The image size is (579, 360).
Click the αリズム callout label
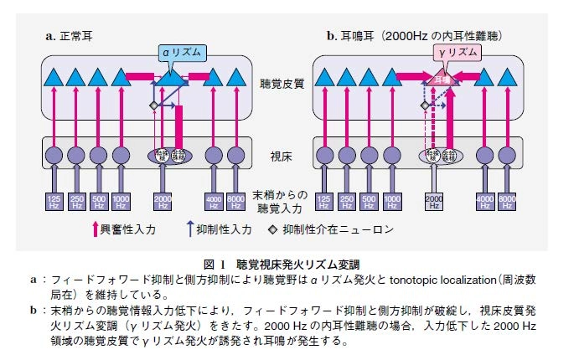pos(182,52)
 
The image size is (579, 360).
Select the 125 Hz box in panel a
pos(54,201)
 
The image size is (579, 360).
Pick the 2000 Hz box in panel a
pos(163,201)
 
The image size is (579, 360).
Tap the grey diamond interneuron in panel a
pos(153,105)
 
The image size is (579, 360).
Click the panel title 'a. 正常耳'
pos(72,36)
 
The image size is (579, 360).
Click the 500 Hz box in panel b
pos(369,201)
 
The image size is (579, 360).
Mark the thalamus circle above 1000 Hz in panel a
pos(120,155)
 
